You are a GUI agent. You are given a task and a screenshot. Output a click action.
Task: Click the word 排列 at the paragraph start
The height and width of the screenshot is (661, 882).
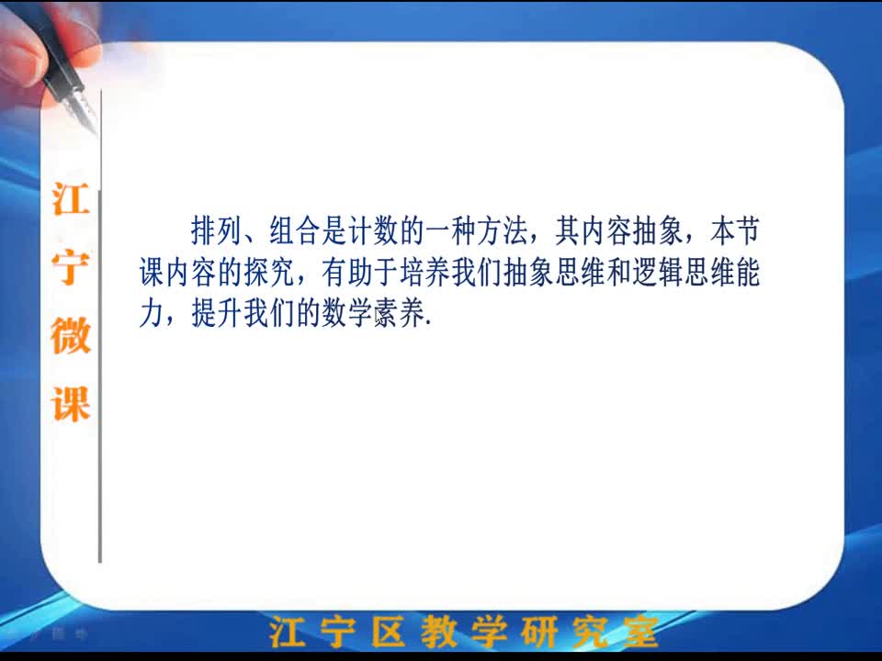click(x=217, y=230)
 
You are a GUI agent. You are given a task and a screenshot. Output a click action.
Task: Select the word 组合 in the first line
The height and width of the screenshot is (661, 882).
click(x=294, y=230)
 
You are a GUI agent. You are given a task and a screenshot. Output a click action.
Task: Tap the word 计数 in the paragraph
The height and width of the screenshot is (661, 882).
click(x=372, y=230)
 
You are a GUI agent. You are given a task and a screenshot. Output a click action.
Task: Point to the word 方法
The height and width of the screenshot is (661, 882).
click(x=503, y=230)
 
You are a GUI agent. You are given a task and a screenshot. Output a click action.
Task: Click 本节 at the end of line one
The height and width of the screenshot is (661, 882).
click(x=735, y=230)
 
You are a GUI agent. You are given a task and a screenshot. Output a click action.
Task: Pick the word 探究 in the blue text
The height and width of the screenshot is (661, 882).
click(x=269, y=272)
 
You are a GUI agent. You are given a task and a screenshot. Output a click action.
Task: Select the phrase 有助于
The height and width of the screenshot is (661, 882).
click(x=360, y=272)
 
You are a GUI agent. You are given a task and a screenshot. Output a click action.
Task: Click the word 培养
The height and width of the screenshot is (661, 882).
click(x=424, y=272)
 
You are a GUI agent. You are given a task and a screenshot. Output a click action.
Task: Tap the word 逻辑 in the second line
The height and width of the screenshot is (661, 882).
click(x=658, y=272)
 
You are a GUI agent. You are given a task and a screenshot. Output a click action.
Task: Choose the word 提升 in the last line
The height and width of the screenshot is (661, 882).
click(x=217, y=314)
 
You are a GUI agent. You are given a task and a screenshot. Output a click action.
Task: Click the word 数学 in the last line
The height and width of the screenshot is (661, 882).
click(x=346, y=314)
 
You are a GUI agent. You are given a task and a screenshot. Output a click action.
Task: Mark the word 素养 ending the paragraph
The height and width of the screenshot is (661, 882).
click(x=398, y=314)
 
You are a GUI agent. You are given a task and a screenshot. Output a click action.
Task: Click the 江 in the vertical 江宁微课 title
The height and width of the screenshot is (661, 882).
click(x=71, y=198)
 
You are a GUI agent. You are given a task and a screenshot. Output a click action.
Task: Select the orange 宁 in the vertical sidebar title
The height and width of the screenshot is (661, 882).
click(x=71, y=267)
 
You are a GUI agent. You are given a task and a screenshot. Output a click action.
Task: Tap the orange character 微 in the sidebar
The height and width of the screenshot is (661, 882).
click(x=71, y=336)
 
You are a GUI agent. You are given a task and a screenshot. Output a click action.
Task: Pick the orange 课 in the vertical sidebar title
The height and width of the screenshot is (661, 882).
click(x=71, y=404)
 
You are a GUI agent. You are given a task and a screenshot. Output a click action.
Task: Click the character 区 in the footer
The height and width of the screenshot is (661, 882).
click(x=388, y=632)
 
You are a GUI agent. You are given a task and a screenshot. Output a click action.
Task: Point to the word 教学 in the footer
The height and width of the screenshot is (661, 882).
click(x=464, y=632)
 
